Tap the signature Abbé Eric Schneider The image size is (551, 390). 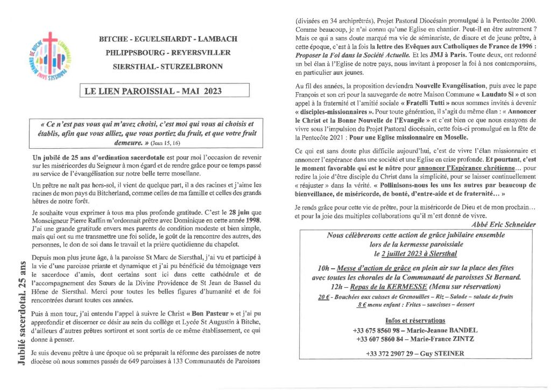coord(501,225)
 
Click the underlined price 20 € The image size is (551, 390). coord(323,297)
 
